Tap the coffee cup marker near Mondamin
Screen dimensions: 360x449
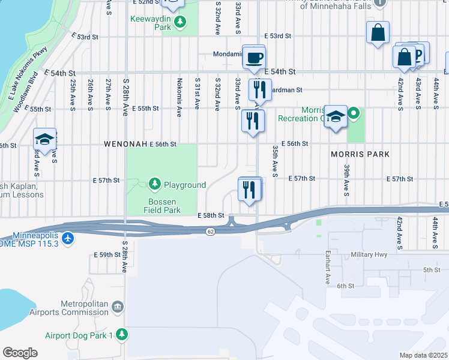click(x=253, y=58)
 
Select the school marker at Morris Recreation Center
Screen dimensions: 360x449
click(x=335, y=117)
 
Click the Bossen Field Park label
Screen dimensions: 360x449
click(x=162, y=206)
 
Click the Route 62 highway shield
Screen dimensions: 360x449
click(x=209, y=232)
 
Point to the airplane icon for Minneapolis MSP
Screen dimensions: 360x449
click(x=68, y=239)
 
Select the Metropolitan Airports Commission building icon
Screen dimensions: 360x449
click(x=118, y=307)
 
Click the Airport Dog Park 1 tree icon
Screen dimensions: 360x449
click(x=122, y=334)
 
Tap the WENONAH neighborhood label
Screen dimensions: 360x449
click(x=125, y=145)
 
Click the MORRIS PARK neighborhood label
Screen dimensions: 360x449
click(x=360, y=154)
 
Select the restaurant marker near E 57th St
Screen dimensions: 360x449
click(x=249, y=190)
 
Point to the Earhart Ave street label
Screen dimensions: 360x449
click(x=328, y=268)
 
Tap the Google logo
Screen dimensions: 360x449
click(x=20, y=353)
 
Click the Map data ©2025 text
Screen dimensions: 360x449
click(x=423, y=355)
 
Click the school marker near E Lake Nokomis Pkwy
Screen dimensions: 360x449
click(x=44, y=140)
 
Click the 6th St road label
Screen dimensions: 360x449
click(x=346, y=286)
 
